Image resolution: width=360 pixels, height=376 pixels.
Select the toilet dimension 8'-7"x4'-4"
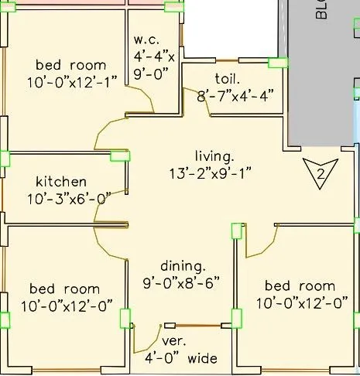coord(235,95)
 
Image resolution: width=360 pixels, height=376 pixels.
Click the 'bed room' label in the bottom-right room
coord(300,285)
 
